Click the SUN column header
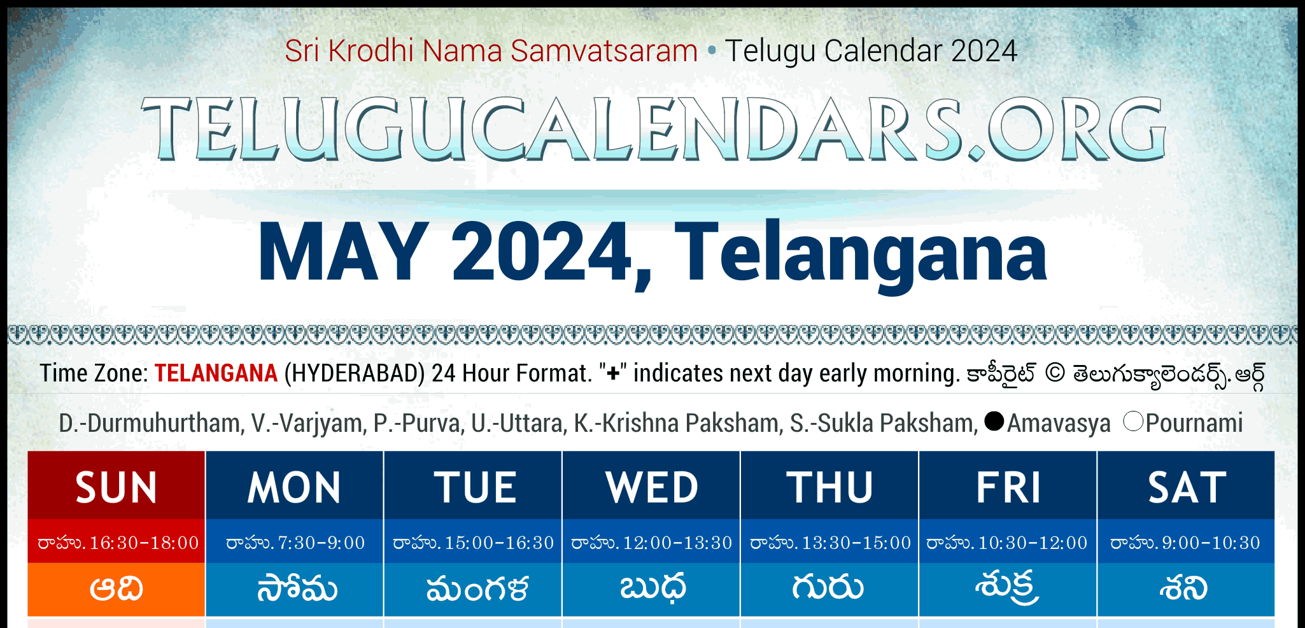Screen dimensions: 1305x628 click(x=116, y=487)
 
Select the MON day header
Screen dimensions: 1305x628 click(x=295, y=487)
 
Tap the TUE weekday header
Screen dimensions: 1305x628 click(x=473, y=487)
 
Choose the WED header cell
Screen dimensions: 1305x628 click(x=651, y=487)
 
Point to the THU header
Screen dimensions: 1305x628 click(x=829, y=487)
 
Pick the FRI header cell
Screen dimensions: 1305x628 click(x=1008, y=487)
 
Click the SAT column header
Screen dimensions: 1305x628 click(x=1186, y=487)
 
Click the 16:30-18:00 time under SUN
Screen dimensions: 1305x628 click(x=145, y=543)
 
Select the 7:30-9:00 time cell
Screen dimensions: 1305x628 click(x=321, y=543)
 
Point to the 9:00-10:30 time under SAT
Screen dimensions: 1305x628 click(x=1211, y=543)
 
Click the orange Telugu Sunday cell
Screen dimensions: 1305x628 click(x=116, y=589)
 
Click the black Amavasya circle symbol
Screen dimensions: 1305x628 click(x=994, y=421)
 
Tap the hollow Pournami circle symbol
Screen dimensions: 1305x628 click(x=1134, y=421)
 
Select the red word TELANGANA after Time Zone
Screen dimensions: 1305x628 click(x=216, y=373)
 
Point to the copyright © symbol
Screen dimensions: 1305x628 click(x=1055, y=373)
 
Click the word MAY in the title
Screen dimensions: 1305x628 click(x=343, y=252)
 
